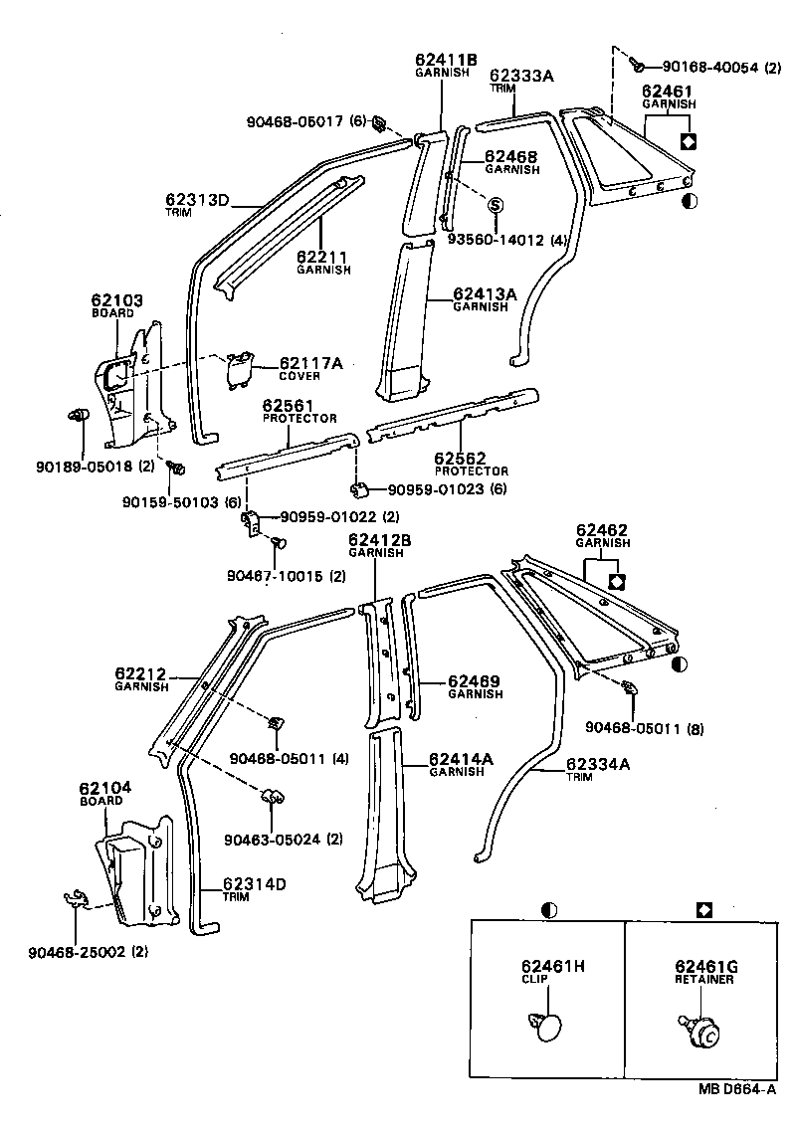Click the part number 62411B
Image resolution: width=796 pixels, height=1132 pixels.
point(446,60)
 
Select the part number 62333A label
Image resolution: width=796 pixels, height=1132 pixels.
point(521,75)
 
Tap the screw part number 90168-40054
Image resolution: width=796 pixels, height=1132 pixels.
point(702,68)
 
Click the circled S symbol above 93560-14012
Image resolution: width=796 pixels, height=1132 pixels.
point(496,205)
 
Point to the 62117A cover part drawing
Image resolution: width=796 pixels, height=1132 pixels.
point(238,369)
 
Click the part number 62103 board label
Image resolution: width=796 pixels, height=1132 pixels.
point(116,299)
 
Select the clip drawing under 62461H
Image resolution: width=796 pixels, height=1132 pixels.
point(543,1026)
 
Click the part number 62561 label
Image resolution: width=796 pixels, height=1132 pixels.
point(289,406)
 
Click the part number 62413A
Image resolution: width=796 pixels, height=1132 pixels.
point(485,293)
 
